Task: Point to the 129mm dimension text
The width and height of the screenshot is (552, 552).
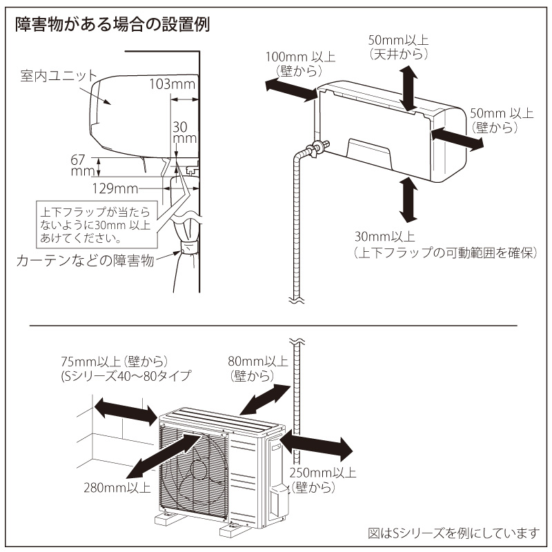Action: pos(115,187)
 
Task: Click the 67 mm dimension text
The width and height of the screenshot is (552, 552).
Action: pos(82,165)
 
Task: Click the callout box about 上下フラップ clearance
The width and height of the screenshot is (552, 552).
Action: pos(96,224)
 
